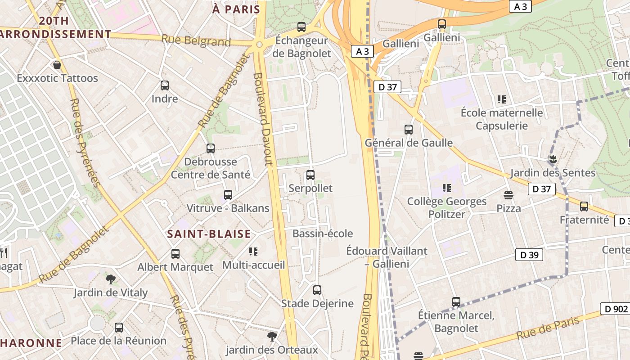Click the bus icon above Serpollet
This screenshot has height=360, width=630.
click(310, 175)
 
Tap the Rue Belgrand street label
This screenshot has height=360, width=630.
click(196, 40)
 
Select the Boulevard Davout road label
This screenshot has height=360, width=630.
click(263, 119)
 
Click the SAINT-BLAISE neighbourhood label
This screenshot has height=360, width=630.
click(209, 234)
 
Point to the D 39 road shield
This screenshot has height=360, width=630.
click(529, 255)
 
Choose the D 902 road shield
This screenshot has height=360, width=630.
click(614, 309)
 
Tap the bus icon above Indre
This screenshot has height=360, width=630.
click(165, 85)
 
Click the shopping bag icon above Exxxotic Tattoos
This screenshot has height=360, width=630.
click(57, 65)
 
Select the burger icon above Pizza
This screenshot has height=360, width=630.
click(508, 195)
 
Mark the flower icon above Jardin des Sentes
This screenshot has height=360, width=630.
click(553, 159)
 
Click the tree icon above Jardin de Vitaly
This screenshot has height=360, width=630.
click(111, 279)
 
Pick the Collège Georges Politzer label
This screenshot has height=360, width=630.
click(447, 207)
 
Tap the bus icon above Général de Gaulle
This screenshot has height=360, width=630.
click(409, 130)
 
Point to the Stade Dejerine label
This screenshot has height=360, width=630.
click(317, 304)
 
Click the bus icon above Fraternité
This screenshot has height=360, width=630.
click(584, 207)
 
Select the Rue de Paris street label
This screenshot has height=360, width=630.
click(548, 329)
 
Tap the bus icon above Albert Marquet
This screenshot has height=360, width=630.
click(175, 254)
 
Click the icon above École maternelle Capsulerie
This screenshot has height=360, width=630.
click(502, 99)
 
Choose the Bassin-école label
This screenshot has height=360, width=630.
click(323, 234)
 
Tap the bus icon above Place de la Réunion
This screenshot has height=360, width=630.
click(119, 328)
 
